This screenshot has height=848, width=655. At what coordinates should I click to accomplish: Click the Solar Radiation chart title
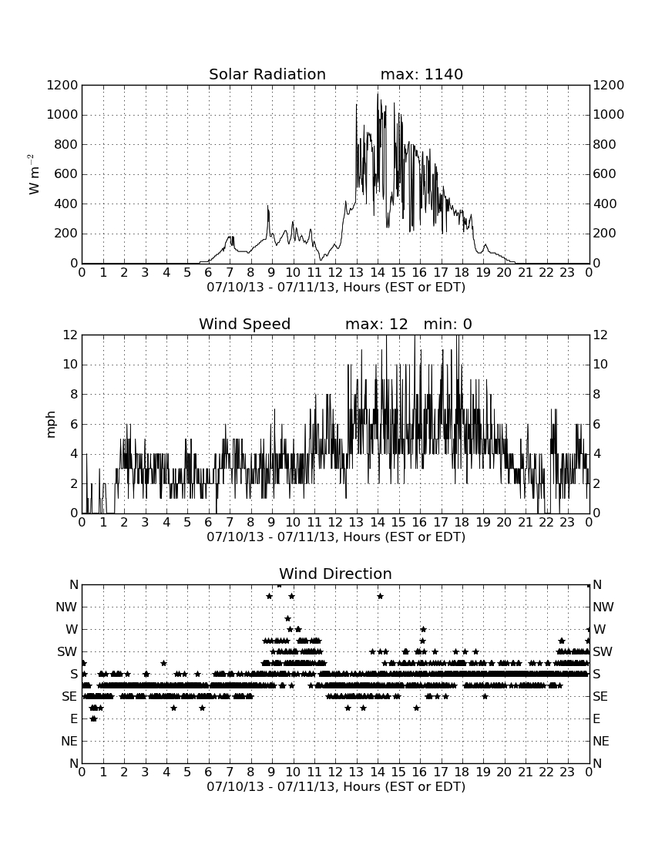[x=267, y=74]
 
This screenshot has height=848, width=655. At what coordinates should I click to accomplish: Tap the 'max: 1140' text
[x=422, y=74]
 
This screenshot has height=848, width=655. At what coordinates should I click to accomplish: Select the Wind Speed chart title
[x=244, y=324]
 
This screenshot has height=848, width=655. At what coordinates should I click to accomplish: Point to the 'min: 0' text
[x=448, y=324]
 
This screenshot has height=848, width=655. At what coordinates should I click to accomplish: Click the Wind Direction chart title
[x=335, y=574]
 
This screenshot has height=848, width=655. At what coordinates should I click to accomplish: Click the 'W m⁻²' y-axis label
[x=33, y=174]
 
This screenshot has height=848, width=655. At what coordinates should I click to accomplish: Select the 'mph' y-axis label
[x=51, y=425]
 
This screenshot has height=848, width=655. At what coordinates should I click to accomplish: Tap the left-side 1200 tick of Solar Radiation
[x=62, y=86]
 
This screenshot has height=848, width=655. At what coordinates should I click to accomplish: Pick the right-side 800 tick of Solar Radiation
[x=604, y=144]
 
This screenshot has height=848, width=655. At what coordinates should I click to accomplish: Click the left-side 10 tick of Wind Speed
[x=70, y=365]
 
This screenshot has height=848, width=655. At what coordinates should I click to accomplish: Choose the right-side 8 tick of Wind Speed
[x=596, y=394]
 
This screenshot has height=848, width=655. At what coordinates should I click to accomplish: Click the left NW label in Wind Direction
[x=66, y=607]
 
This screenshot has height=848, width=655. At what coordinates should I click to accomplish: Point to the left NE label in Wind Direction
[x=69, y=741]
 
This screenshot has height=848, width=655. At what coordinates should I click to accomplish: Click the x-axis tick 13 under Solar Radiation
[x=356, y=273]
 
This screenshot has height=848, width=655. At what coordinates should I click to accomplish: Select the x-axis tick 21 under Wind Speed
[x=526, y=523]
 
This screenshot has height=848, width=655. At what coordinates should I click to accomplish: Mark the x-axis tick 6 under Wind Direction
[x=209, y=772]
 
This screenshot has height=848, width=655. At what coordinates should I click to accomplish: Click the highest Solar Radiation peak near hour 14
[x=378, y=95]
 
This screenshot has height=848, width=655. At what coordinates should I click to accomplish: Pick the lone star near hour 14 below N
[x=380, y=596]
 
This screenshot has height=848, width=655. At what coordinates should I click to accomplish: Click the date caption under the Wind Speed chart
[x=336, y=537]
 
